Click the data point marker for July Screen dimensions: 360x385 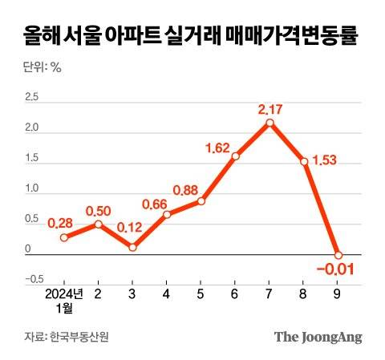269,123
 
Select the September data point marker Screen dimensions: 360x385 338,255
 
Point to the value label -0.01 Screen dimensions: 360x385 338,269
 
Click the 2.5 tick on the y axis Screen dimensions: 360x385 32,97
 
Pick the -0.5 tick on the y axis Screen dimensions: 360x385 33,279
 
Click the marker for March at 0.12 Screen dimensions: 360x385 132,247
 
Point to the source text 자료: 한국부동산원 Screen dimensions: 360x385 64,338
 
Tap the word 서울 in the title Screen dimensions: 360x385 90,36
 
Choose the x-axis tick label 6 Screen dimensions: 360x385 235,294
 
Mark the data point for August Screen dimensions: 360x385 304,162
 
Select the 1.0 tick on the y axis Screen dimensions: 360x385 32,188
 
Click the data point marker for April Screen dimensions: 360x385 167,214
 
